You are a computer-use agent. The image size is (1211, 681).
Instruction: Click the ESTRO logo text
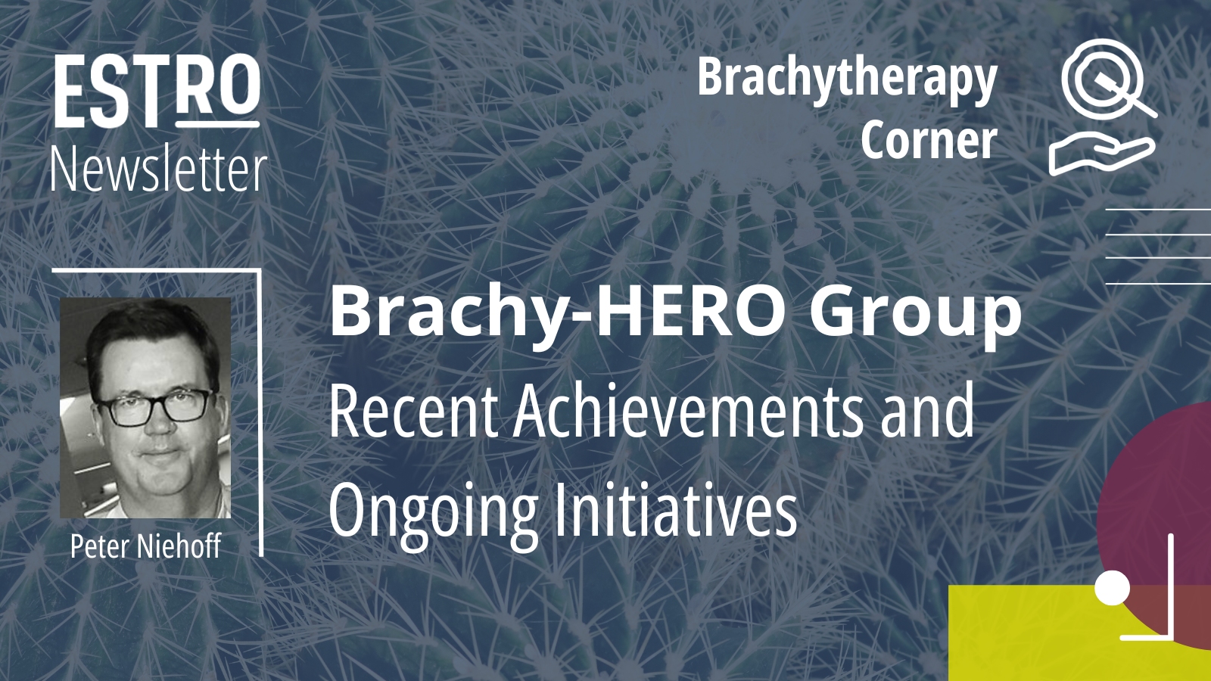[x=157, y=92]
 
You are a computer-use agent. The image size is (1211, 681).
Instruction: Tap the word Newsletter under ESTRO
[x=160, y=169]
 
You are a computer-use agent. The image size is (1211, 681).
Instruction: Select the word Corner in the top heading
[x=929, y=140]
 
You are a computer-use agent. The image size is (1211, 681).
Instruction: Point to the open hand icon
[x=1102, y=155]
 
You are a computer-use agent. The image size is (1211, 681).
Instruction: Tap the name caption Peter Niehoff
[x=145, y=546]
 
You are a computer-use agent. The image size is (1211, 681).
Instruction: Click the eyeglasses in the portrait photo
[x=154, y=406]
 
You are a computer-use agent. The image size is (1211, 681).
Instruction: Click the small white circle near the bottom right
[x=1113, y=588]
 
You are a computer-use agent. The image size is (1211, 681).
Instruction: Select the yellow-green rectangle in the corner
[x=1060, y=633]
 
